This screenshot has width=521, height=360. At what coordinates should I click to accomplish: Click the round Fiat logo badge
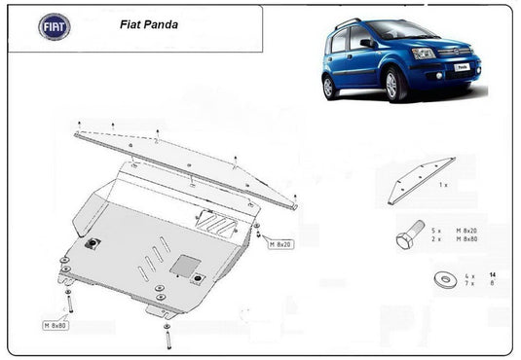tap(54, 26)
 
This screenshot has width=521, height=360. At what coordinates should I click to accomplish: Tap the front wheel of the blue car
tap(396, 85)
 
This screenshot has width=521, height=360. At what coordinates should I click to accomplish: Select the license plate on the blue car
tap(463, 67)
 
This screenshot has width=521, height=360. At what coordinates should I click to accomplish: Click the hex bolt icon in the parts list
tap(410, 234)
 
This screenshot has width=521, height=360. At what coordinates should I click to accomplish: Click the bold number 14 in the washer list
tap(493, 276)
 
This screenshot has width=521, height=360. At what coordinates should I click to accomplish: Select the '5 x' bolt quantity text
tap(437, 230)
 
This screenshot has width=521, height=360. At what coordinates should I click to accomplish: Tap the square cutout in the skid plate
tap(184, 264)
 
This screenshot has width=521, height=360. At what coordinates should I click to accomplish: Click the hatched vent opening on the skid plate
tap(216, 223)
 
